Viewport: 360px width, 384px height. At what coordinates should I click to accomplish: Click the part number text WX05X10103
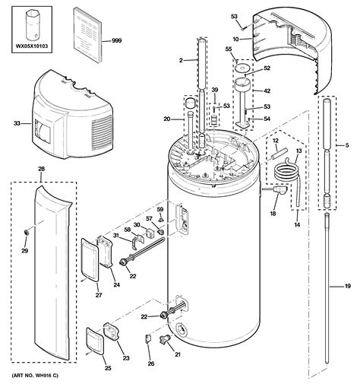tap(32, 46)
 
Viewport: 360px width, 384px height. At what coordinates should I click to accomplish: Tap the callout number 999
tap(117, 40)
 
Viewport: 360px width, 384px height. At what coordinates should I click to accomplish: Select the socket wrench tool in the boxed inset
tap(32, 26)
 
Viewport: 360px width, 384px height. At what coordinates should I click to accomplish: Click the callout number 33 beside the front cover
tap(17, 123)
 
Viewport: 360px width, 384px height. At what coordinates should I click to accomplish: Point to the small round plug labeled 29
tap(26, 231)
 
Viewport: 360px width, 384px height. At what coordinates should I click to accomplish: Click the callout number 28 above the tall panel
tap(41, 169)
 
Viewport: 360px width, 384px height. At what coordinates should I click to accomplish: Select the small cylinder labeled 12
tap(278, 154)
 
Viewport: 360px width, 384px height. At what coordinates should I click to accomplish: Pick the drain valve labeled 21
tap(166, 338)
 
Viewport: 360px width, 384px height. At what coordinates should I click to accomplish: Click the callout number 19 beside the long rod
tap(347, 286)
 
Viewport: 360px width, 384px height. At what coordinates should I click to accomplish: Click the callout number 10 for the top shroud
tap(235, 40)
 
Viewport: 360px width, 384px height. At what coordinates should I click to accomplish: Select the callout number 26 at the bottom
tap(151, 363)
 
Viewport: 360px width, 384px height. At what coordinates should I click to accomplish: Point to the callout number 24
tap(116, 285)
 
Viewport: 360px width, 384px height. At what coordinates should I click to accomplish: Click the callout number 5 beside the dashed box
tap(347, 145)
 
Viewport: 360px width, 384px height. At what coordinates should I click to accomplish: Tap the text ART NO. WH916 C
tap(35, 376)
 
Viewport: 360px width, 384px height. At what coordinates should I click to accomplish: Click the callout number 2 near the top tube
tap(181, 60)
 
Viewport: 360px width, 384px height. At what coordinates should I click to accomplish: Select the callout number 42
tap(267, 90)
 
